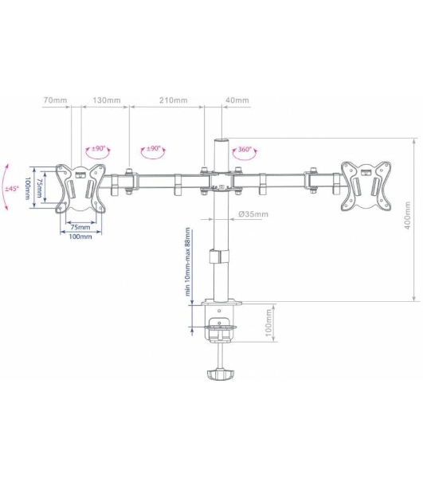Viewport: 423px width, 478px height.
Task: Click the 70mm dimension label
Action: (55, 100)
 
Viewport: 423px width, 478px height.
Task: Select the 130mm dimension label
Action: (107, 100)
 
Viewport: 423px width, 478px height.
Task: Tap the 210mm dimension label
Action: (174, 100)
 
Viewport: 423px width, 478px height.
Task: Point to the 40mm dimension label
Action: (237, 100)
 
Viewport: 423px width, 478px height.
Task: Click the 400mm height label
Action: (408, 215)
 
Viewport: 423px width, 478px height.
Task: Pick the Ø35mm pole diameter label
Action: (253, 214)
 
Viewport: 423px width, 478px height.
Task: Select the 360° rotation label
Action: (245, 150)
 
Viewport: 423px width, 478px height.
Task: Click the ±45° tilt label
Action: (12, 188)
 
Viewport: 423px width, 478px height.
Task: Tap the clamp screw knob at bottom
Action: (220, 374)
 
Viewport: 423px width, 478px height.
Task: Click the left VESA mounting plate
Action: (80, 189)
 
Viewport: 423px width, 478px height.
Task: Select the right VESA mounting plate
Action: (366, 186)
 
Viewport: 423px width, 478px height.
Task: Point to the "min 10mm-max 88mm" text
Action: (187, 261)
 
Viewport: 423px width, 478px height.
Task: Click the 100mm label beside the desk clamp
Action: (268, 323)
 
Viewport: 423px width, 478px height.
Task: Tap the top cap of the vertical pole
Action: (221, 141)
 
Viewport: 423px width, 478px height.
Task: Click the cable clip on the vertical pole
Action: (218, 257)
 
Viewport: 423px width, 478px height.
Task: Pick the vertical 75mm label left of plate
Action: (39, 188)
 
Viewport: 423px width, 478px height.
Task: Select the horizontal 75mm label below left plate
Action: (80, 227)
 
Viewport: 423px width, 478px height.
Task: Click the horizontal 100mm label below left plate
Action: (80, 237)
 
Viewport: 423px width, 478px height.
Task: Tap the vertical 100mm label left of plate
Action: (27, 188)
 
